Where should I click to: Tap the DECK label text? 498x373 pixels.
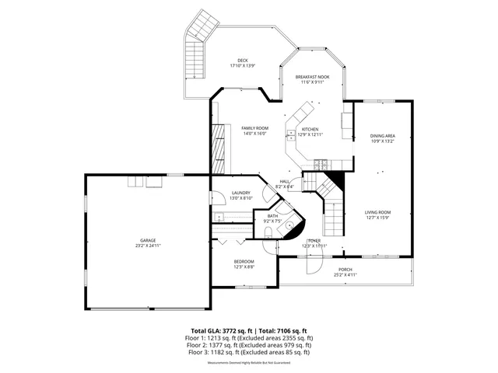click(x=243, y=61)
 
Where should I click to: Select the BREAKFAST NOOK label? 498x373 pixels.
click(x=312, y=77)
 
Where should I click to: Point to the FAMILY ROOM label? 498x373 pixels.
click(x=254, y=128)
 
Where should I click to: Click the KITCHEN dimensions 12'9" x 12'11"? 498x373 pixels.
click(x=309, y=134)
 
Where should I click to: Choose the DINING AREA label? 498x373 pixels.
click(x=382, y=136)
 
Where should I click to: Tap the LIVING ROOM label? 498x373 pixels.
click(x=377, y=212)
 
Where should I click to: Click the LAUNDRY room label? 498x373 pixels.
click(x=240, y=193)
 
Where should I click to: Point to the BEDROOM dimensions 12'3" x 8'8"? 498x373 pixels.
click(x=244, y=267)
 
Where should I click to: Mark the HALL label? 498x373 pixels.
click(x=285, y=182)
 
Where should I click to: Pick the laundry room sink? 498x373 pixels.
click(x=219, y=217)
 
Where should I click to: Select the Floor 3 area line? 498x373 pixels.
click(x=248, y=352)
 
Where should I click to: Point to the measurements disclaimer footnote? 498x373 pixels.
click(x=248, y=362)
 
